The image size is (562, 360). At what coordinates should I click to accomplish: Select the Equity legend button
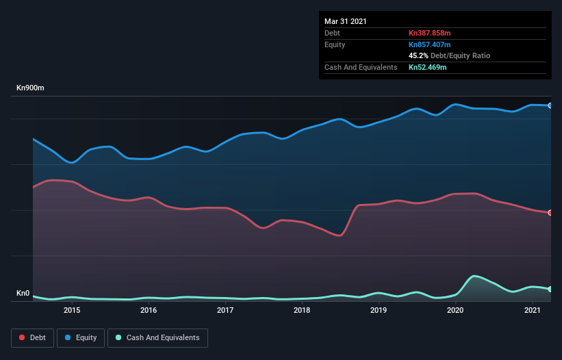[81, 337]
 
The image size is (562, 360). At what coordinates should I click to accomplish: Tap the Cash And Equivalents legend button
[157, 337]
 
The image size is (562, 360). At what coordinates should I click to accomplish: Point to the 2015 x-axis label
[72, 311]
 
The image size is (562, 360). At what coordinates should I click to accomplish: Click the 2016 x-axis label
[149, 311]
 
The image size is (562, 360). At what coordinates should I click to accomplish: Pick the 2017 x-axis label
[225, 311]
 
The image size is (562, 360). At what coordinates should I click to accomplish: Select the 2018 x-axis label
[302, 311]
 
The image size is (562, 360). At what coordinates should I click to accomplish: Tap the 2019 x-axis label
[379, 311]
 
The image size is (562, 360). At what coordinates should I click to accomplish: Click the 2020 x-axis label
[456, 311]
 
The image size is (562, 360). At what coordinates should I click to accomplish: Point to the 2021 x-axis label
[533, 311]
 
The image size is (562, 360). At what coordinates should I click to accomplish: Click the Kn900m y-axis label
[31, 88]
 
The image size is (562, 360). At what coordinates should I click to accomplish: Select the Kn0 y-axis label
[23, 294]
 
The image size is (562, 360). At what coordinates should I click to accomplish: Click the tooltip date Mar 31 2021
[346, 21]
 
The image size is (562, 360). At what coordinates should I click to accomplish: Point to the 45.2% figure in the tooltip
[418, 55]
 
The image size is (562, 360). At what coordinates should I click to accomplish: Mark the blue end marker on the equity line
[550, 105]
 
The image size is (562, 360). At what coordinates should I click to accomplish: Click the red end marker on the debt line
[550, 213]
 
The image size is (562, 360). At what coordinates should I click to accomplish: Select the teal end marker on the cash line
[550, 290]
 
